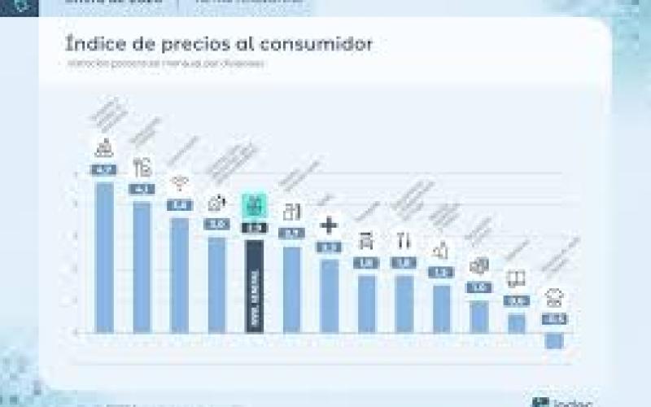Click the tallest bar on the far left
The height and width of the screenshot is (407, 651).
point(104,256)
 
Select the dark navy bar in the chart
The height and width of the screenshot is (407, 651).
point(254,285)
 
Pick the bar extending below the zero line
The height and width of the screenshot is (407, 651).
point(554,339)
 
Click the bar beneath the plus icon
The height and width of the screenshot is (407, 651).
point(329,295)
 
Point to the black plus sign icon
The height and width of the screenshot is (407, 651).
point(329,225)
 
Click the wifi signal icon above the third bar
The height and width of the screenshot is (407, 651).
point(179,183)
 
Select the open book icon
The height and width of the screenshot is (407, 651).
point(516,279)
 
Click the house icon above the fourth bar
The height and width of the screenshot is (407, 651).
point(216,202)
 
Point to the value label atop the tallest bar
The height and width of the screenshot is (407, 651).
point(104,170)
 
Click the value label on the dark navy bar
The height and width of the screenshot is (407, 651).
point(254,228)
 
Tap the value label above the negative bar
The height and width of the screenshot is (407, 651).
point(554,319)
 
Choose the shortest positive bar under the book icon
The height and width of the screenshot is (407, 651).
point(516,322)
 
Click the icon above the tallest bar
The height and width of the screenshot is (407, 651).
point(104,149)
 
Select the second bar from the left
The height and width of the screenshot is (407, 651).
point(142,266)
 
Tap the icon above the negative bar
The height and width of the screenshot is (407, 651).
point(554,298)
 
